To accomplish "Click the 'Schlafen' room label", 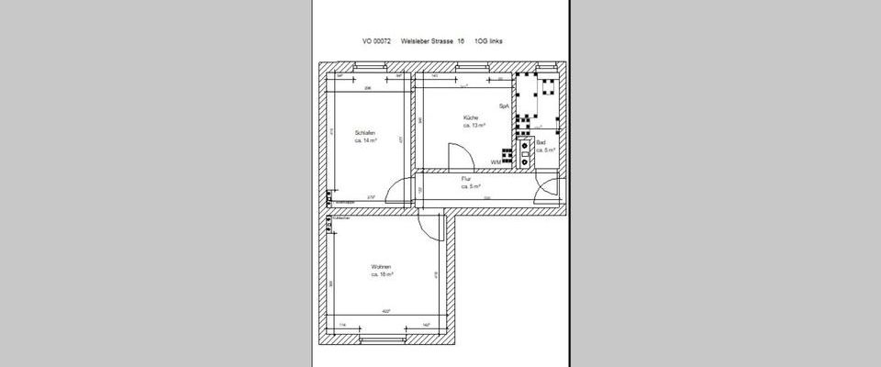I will pyautogui.click(x=366, y=134).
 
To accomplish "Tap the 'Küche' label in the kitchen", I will pyautogui.click(x=471, y=118).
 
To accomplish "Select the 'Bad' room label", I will pyautogui.click(x=541, y=144).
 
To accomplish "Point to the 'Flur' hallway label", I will pyautogui.click(x=466, y=178).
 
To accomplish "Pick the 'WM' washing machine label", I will pyautogui.click(x=496, y=161).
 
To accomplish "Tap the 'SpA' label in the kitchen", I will pyautogui.click(x=503, y=106).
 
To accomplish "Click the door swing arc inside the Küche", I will pyautogui.click(x=455, y=157).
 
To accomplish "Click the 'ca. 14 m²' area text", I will pyautogui.click(x=366, y=142).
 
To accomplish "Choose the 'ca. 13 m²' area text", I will pyautogui.click(x=474, y=126).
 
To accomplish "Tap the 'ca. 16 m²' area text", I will pyautogui.click(x=382, y=274).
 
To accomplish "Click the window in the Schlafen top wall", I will pyautogui.click(x=363, y=67).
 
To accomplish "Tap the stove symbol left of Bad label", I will pyautogui.click(x=525, y=151).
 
